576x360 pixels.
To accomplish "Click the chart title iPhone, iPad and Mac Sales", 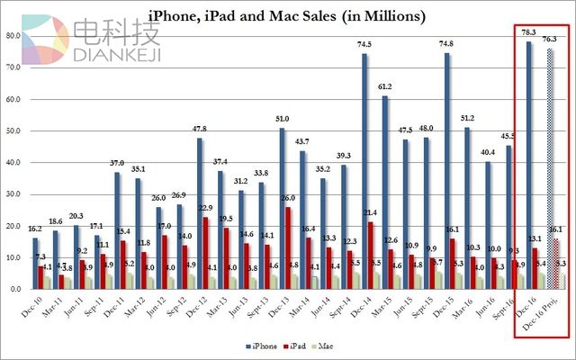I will (x=287, y=16).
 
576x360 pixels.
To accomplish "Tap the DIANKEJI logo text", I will (x=117, y=54).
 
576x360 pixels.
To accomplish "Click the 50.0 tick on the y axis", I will (x=13, y=131).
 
